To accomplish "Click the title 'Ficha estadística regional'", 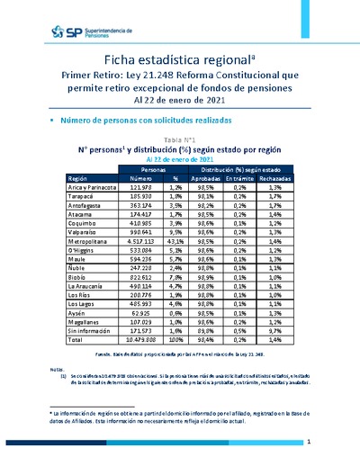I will [178, 60].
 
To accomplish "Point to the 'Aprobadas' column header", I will [209, 178].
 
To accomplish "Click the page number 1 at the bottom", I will [309, 443].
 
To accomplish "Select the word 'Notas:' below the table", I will [58, 369].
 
